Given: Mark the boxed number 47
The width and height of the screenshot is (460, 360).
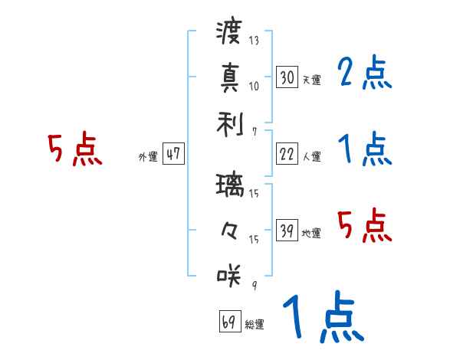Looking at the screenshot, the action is (173, 153).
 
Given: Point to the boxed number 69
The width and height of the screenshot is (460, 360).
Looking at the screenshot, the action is (229, 322).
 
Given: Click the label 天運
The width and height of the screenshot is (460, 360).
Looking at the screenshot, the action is (312, 79).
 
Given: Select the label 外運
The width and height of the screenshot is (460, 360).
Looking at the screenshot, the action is (147, 156).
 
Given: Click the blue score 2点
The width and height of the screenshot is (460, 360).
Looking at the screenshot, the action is (365, 74).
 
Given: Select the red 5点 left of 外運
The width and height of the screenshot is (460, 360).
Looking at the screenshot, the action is (74, 149).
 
